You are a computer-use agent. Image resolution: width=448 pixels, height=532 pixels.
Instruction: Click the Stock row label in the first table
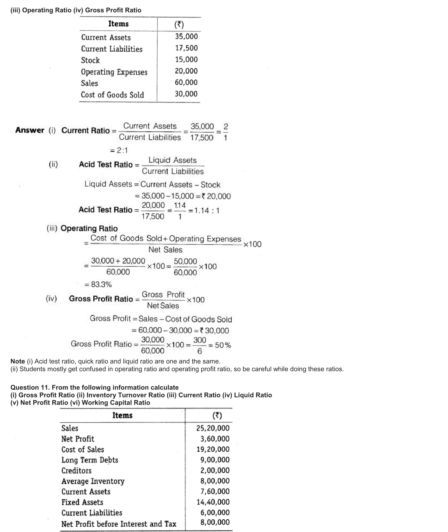90,60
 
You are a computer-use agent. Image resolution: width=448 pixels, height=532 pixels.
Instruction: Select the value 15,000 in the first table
186,60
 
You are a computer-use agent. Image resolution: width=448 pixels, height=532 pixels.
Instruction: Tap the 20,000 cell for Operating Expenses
186,71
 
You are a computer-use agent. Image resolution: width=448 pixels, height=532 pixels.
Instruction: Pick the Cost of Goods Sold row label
112,95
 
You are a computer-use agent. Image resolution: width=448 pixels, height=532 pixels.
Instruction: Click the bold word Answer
30,130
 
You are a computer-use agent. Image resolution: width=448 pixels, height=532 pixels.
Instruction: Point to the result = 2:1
119,151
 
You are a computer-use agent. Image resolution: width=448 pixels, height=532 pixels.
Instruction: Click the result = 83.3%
98,284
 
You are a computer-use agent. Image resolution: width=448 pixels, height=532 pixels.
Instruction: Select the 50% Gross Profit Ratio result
223,345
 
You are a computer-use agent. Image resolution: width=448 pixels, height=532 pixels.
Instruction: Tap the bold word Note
18,361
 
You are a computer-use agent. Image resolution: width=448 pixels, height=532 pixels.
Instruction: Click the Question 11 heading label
30,387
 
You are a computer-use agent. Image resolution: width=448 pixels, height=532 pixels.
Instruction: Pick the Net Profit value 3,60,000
215,439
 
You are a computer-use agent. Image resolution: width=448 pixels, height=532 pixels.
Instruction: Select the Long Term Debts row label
90,460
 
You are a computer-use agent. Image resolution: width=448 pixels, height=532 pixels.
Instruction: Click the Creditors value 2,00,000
215,470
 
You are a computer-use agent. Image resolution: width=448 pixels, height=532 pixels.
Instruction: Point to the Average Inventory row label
93,481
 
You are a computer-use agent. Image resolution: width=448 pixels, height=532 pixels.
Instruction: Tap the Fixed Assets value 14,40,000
213,502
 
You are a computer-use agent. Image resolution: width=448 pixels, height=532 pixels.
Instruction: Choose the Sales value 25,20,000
213,428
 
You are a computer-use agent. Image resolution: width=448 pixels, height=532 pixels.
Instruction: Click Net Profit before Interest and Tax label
119,524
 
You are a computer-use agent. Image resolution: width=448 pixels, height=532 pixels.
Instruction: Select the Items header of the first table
118,24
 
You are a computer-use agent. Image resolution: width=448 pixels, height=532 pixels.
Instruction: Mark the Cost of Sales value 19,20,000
213,449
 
